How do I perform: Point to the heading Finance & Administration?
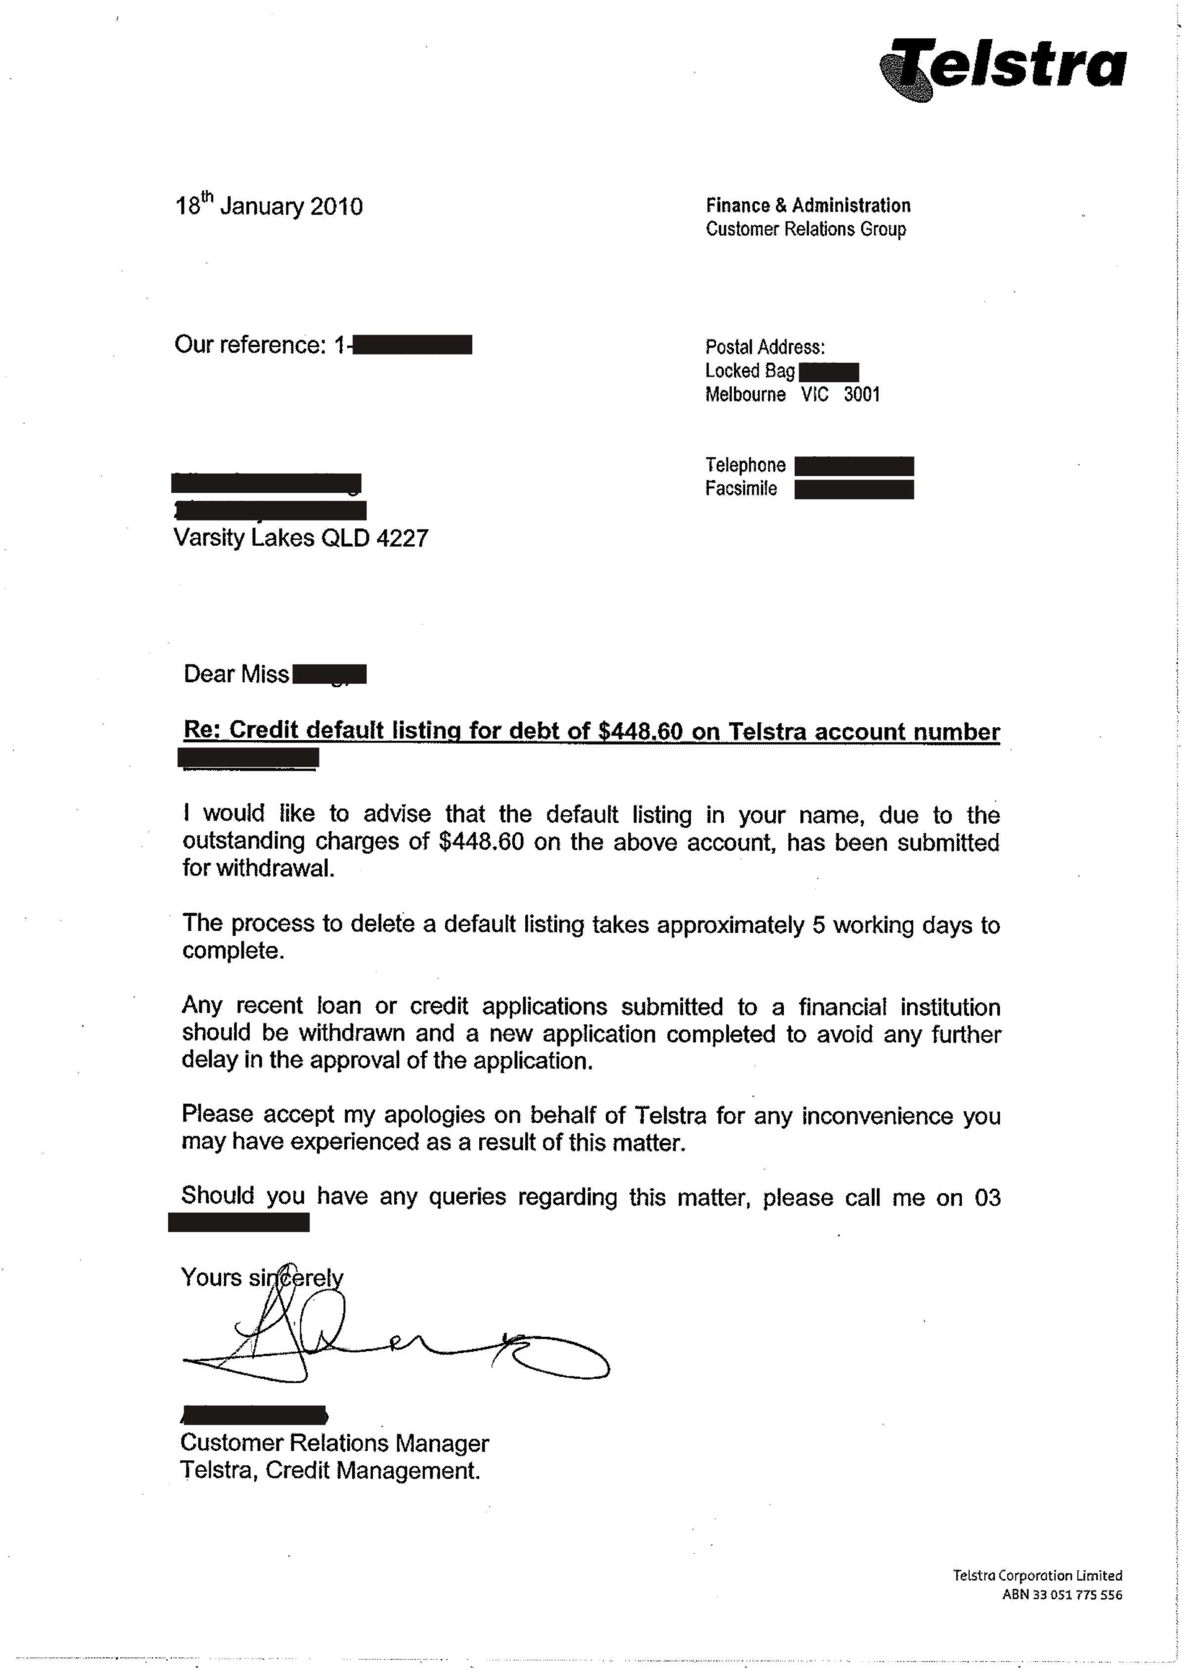808,206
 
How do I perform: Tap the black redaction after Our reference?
411,345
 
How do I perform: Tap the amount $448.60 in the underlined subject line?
640,731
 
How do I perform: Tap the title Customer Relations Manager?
334,1443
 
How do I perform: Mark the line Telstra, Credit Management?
330,1471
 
